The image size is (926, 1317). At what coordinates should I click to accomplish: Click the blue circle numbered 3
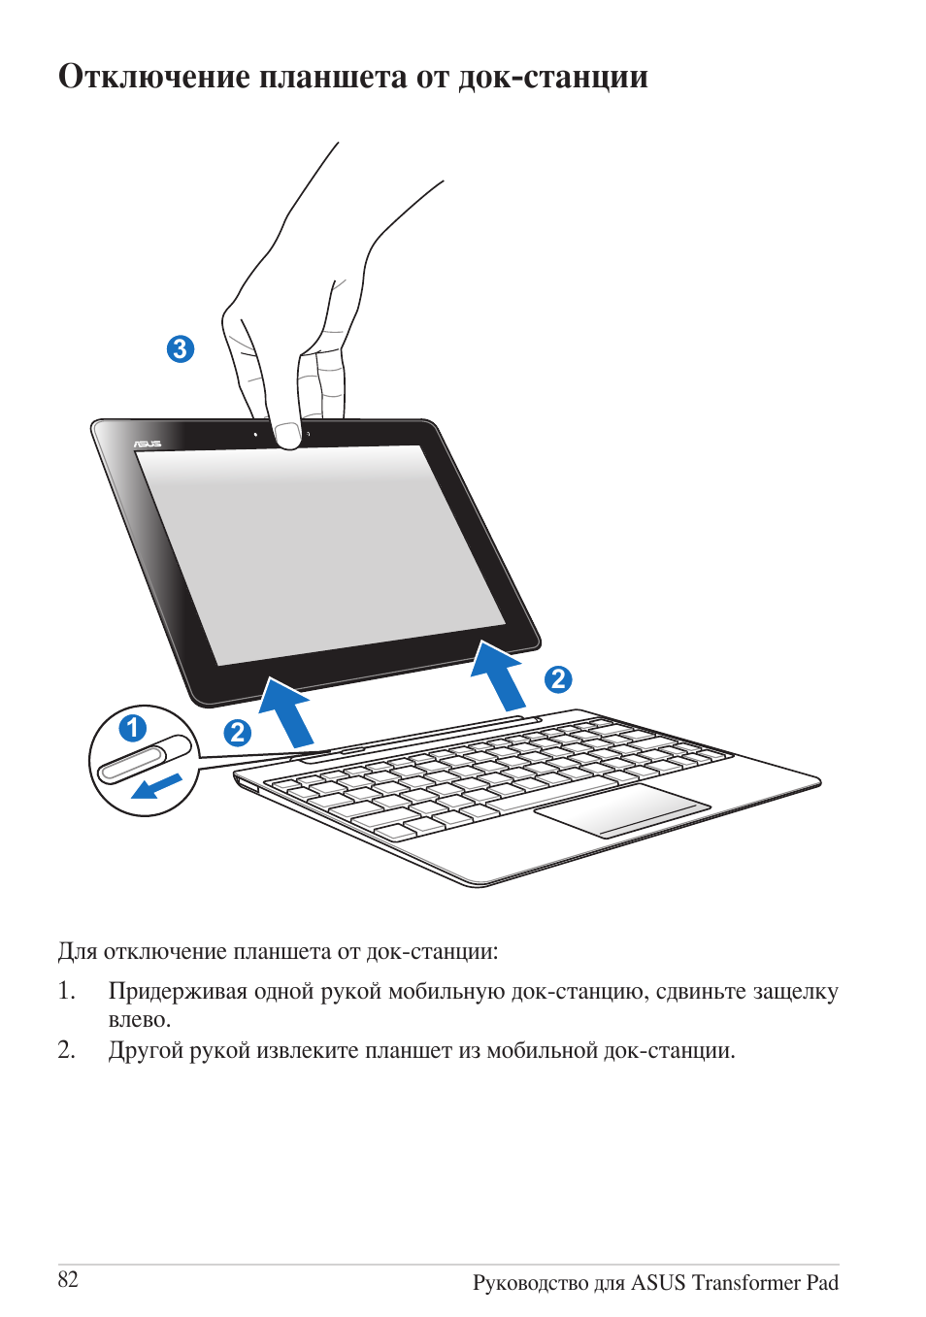pyautogui.click(x=181, y=349)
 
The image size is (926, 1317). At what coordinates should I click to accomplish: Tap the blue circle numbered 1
pyautogui.click(x=133, y=729)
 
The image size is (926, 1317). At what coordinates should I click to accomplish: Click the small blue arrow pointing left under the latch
pyautogui.click(x=156, y=787)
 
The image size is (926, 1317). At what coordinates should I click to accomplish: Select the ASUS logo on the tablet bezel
pyautogui.click(x=147, y=444)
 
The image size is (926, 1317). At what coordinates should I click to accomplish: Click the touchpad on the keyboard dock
pyautogui.click(x=622, y=809)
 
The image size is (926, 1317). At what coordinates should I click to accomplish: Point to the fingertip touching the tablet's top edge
pyautogui.click(x=288, y=436)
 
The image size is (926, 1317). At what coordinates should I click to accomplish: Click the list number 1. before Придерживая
pyautogui.click(x=66, y=991)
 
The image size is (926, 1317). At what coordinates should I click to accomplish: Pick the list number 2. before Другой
pyautogui.click(x=66, y=1050)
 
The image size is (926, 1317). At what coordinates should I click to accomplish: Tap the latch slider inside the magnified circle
pyautogui.click(x=144, y=760)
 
